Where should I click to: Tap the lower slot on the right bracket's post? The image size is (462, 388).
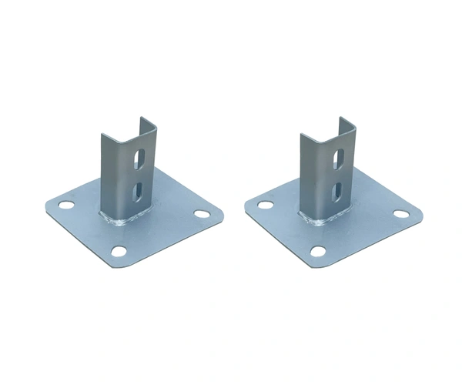337,190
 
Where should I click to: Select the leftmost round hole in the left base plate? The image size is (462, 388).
66,206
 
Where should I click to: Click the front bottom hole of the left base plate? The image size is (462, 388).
118,251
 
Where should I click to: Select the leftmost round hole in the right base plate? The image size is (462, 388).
266,206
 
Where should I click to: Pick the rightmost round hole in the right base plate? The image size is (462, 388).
400,213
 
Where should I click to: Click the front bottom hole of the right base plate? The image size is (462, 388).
317,251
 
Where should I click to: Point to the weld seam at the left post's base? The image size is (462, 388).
123,221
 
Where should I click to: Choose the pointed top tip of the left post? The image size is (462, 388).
141,119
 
